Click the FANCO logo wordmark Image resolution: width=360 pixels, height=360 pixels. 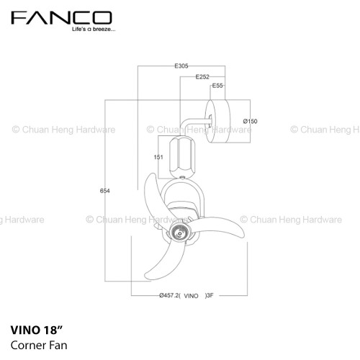[x=61, y=18]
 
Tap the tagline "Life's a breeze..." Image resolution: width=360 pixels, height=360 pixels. [x=94, y=30]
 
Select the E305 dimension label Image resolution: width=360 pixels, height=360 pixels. [x=181, y=66]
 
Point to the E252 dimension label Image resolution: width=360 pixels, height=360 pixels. [x=202, y=77]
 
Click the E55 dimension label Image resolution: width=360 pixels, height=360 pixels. [x=217, y=86]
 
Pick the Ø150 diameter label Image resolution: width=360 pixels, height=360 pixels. [x=250, y=121]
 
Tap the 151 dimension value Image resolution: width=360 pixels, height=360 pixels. [x=158, y=157]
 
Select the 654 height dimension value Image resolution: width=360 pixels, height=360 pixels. [x=105, y=191]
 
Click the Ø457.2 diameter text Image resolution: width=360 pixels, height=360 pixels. [x=169, y=295]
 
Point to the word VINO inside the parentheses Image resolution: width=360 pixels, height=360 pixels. [x=191, y=296]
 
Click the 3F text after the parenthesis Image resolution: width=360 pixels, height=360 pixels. [x=210, y=295]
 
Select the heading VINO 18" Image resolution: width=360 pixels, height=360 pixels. [x=37, y=330]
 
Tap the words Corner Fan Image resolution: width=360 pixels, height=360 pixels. [x=39, y=346]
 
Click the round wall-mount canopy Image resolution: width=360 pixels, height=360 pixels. [x=218, y=121]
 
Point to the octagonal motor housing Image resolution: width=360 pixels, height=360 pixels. [x=182, y=157]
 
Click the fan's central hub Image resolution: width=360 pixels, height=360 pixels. [x=180, y=233]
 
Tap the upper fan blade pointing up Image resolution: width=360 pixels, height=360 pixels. [x=153, y=197]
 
